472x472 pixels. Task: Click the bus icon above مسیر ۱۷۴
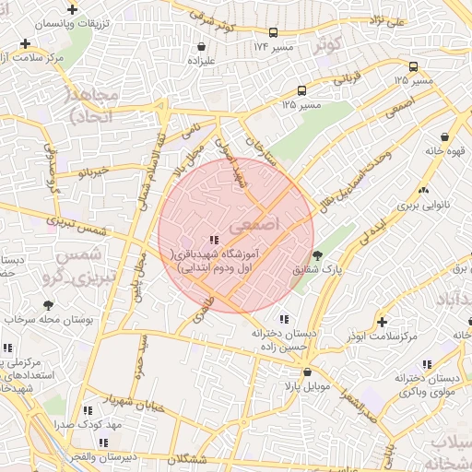coord(261,30)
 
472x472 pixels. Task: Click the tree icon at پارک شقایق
coord(317,255)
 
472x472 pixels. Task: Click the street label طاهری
coord(202,312)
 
